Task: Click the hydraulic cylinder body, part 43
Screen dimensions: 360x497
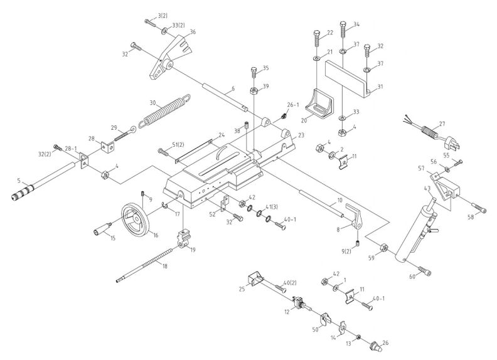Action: click(x=414, y=232)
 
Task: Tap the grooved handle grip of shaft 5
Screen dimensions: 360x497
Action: click(x=21, y=193)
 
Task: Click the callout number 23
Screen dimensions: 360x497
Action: click(x=301, y=135)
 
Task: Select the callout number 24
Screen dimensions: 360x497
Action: click(x=221, y=135)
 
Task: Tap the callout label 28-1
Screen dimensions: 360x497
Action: click(x=70, y=149)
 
